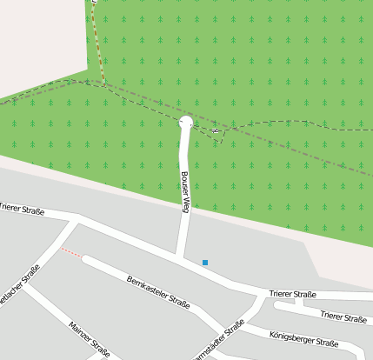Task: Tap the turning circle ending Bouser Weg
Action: click(185, 123)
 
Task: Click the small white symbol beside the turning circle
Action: click(215, 130)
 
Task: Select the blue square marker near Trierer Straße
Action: click(205, 263)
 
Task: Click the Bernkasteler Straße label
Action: click(158, 291)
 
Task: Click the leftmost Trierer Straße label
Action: click(22, 210)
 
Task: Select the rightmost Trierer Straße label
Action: click(343, 318)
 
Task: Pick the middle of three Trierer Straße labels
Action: click(292, 295)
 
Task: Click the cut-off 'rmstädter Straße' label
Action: click(217, 341)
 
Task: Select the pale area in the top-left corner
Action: click(39, 39)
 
